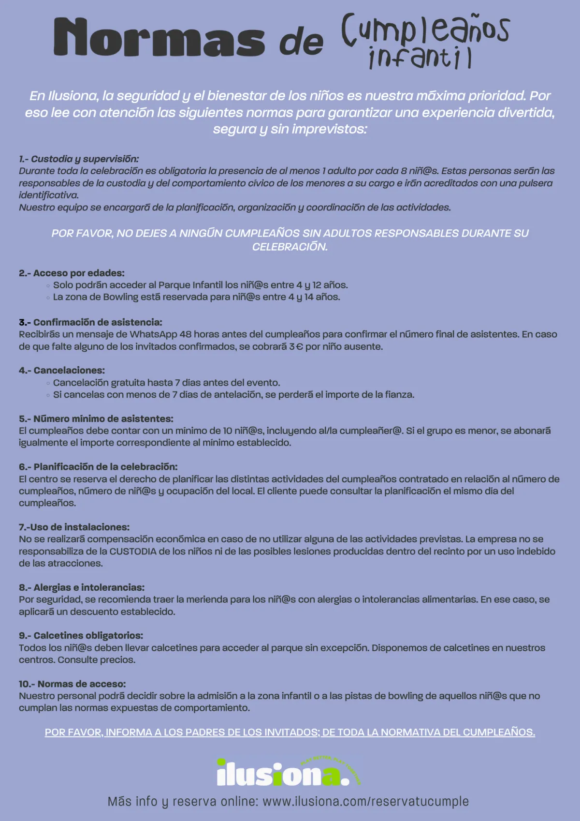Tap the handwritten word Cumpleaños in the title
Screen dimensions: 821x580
click(x=425, y=30)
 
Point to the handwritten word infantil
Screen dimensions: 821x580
click(x=420, y=58)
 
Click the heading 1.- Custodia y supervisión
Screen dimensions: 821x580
click(x=79, y=159)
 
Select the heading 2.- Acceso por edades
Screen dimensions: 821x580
click(x=72, y=273)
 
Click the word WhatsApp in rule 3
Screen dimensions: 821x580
click(x=153, y=334)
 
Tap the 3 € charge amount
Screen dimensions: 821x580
click(x=295, y=346)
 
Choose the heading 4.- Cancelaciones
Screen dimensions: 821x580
click(x=62, y=370)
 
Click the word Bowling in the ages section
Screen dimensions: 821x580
click(x=120, y=297)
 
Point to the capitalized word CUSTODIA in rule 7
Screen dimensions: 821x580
click(x=133, y=552)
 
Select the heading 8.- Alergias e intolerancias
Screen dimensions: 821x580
click(x=82, y=587)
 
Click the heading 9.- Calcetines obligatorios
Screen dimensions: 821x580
click(x=81, y=636)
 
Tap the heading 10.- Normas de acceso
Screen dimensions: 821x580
click(x=72, y=684)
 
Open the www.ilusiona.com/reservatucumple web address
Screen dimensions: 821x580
click(x=365, y=801)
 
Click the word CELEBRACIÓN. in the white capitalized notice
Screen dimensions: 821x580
click(x=290, y=247)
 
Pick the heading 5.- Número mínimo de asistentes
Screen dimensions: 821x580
click(x=96, y=418)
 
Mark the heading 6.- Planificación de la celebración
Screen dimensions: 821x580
click(x=98, y=467)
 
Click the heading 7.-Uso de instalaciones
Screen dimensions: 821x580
click(x=74, y=527)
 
